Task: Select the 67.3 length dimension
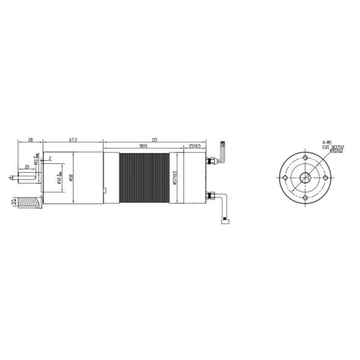point(72,140)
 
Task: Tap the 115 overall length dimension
point(154,140)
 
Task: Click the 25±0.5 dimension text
point(194,146)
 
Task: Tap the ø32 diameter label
point(58,179)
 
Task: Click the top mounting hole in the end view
point(306,158)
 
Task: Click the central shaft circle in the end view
point(306,178)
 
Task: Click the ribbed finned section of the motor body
point(144,178)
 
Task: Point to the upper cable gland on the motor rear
point(212,160)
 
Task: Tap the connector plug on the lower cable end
point(227,223)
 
